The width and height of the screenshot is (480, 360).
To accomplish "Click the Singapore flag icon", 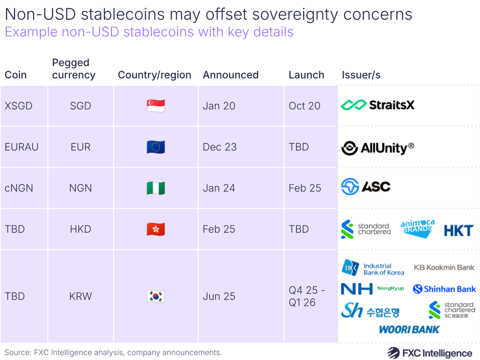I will point(156,106).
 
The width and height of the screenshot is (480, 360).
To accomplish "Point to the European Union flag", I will point(156,147).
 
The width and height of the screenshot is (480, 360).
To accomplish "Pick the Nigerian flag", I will point(156,188).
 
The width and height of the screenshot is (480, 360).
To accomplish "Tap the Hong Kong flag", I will point(156,229).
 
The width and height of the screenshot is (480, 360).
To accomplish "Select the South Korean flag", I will point(156,296).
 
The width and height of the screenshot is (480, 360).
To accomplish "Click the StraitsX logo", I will point(378,105).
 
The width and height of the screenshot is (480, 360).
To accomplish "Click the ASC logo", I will point(366,186).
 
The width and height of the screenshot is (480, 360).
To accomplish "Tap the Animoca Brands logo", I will point(417,229).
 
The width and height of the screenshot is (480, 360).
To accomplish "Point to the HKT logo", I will point(458,231).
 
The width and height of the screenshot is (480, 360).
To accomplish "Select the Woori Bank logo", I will point(409,330).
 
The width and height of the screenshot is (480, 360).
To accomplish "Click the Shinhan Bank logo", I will point(444,289).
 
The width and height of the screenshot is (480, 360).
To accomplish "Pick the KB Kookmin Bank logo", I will point(444,267).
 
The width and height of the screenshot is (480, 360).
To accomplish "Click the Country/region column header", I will point(154,75).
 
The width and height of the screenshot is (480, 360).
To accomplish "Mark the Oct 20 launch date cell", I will point(304,106).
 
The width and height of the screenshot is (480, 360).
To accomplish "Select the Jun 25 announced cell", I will point(219,296).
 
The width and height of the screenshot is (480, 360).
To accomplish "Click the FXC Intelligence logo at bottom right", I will point(430,353).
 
